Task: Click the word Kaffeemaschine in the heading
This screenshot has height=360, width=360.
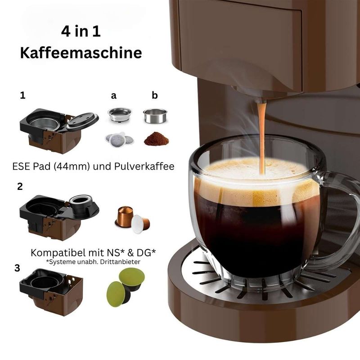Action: pos(81,53)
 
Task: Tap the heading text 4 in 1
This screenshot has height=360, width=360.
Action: pos(81,31)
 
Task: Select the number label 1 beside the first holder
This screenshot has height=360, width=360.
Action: pos(22,95)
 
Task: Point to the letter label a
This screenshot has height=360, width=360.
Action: pos(114,95)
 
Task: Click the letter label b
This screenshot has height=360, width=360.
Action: pos(155,95)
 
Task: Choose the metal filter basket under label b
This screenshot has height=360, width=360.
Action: pos(155,116)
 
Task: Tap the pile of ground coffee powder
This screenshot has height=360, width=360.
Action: pos(156,139)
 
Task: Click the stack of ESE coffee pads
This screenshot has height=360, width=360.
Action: pos(119,139)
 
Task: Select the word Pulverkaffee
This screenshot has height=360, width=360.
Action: pos(144,166)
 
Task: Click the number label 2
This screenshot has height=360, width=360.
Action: pos(20,187)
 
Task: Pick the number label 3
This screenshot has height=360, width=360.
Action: pos(17,268)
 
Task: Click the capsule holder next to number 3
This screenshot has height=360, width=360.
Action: pos(51,292)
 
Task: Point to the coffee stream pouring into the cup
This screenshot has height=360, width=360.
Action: pos(261,138)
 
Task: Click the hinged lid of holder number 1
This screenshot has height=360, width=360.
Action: pos(83,121)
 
